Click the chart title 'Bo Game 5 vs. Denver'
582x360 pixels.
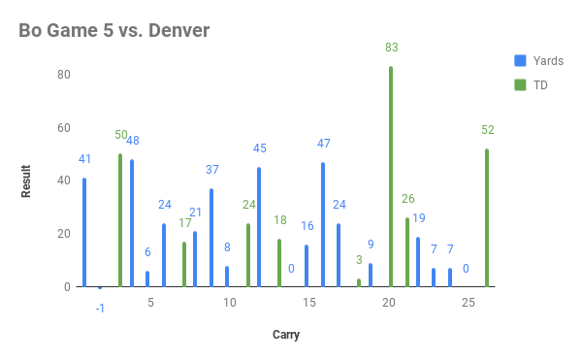(x=114, y=31)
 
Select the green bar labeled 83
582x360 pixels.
(x=391, y=177)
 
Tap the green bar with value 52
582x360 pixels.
(x=486, y=217)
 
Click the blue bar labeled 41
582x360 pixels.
(x=84, y=232)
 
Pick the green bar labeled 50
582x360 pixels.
(x=120, y=220)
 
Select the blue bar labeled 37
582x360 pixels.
(x=211, y=238)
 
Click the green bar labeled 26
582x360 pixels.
(x=407, y=252)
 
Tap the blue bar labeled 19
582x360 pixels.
(x=418, y=262)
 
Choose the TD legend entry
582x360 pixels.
(x=540, y=85)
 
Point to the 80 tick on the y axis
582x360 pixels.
(x=64, y=75)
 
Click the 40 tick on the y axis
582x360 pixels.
(x=64, y=180)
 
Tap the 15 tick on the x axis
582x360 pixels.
(x=308, y=304)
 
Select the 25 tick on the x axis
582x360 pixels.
(x=468, y=304)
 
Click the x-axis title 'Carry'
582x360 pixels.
(x=285, y=336)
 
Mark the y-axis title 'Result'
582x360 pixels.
(x=26, y=181)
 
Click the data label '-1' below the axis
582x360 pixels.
(x=100, y=308)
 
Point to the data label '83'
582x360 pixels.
(x=391, y=48)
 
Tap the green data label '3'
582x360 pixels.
(x=359, y=260)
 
